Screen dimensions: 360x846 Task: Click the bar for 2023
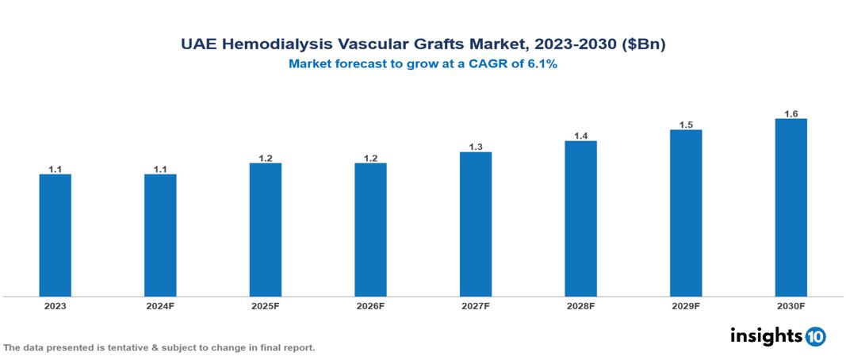[56, 235]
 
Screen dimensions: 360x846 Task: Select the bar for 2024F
[160, 235]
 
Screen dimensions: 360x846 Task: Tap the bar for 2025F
[266, 229]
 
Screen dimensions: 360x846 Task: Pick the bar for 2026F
[370, 229]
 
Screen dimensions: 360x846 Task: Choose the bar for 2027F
[476, 224]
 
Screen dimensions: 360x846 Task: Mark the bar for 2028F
[580, 218]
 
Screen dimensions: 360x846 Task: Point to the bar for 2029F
[686, 213]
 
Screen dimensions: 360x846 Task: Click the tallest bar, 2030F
[790, 207]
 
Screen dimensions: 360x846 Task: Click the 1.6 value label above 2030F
[790, 114]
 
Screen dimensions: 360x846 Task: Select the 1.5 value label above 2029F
[686, 125]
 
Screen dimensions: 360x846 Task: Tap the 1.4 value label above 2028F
[580, 136]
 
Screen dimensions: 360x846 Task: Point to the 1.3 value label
[476, 147]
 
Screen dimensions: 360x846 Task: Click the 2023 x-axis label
[56, 306]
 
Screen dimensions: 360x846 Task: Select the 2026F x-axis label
[370, 306]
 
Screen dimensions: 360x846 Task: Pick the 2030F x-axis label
[790, 306]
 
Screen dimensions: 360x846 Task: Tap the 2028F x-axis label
[580, 306]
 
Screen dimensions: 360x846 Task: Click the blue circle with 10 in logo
[815, 336]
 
